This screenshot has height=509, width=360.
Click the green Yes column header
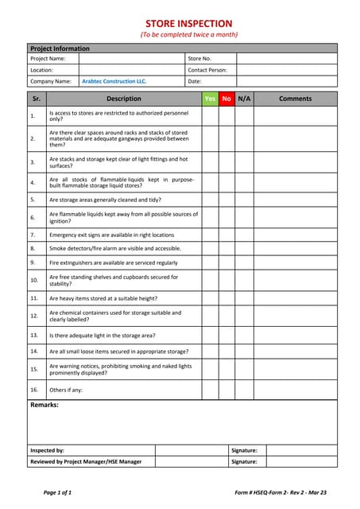pos(210,99)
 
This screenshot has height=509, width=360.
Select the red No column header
pos(227,99)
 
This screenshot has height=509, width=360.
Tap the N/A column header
pos(245,99)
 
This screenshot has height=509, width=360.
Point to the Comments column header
pos(296,99)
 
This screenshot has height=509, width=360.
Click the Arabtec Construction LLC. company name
pos(114,81)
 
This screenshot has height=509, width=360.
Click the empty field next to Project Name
pos(131,58)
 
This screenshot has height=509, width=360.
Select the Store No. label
pos(199,58)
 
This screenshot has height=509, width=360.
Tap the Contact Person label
pos(207,70)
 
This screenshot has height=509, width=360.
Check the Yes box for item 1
pos(210,116)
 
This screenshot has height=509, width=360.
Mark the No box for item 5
pos(227,200)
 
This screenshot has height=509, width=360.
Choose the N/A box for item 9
pos(245,262)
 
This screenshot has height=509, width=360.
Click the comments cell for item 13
pos(296,336)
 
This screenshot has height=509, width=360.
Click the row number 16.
pos(33,390)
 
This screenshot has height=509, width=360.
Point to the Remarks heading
pos(44,406)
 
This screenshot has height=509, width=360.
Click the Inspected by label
pos(47,450)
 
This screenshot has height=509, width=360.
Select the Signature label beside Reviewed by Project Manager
pos(243,461)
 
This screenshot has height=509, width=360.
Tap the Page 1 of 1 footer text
pos(57,492)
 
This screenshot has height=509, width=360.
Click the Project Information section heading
pos(60,49)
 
